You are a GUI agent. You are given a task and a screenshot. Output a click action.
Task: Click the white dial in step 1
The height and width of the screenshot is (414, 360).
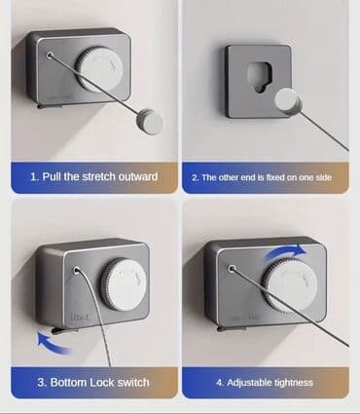click(100, 70)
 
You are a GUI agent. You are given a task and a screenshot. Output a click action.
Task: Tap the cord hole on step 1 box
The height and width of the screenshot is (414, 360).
click(50, 56)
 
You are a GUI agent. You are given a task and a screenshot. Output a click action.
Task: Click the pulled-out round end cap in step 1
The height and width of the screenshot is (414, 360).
click(150, 122)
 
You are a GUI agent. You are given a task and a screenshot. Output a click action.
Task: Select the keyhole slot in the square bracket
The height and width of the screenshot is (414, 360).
click(259, 77)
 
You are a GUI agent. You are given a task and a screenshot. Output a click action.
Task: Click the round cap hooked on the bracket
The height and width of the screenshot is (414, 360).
click(288, 101)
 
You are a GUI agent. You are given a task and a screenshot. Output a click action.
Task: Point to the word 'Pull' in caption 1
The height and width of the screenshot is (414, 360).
click(52, 177)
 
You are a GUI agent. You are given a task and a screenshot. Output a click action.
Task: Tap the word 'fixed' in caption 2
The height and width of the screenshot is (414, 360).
click(274, 177)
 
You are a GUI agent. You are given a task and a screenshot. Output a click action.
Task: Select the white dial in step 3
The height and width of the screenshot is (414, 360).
click(125, 284)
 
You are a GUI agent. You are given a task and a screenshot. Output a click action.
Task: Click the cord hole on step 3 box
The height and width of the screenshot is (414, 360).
click(77, 270)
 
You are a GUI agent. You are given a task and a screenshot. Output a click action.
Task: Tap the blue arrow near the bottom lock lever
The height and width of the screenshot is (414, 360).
click(52, 343)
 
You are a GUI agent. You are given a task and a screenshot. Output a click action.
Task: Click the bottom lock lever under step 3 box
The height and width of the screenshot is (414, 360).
click(64, 330)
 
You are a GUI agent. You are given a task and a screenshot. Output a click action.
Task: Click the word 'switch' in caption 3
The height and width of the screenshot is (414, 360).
click(133, 382)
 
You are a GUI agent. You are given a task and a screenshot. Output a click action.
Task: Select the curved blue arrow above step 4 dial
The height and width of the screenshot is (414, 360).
click(285, 250)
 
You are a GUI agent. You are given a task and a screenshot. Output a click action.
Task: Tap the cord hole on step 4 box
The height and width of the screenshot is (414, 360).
click(232, 269)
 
